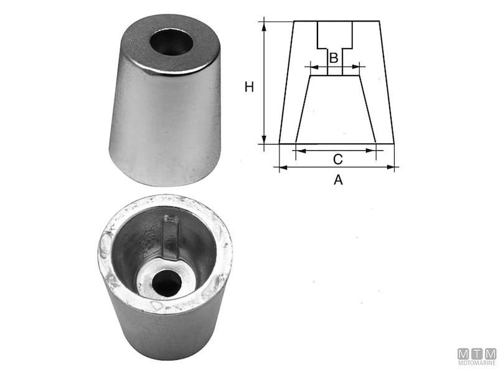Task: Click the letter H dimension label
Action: (249, 87)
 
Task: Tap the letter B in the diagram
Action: (334, 58)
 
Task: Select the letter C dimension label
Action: (338, 160)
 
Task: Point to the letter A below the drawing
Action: (338, 180)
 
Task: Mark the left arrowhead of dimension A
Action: (283, 167)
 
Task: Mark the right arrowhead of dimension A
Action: (390, 167)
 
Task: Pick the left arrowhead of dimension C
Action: (301, 151)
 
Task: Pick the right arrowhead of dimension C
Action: (371, 151)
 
